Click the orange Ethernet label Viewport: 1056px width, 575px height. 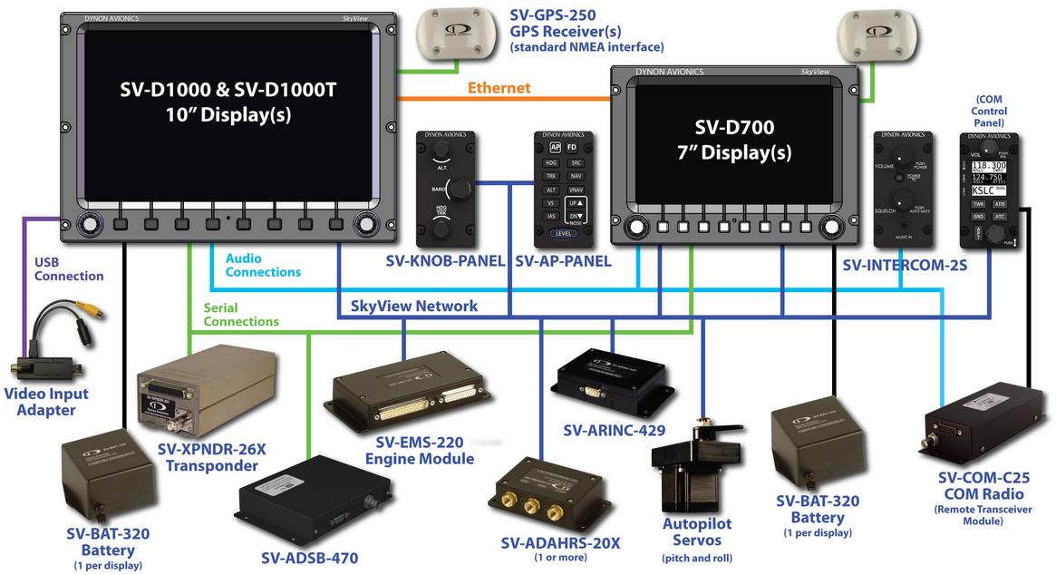point(499,88)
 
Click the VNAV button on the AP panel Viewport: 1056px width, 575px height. point(576,190)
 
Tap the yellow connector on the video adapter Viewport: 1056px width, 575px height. point(90,309)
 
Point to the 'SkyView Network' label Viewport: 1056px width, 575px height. point(414,307)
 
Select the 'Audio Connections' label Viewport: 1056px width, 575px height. point(263,265)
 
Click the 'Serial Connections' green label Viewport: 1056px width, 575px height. point(241,315)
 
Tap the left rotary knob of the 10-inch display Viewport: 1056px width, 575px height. point(90,222)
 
